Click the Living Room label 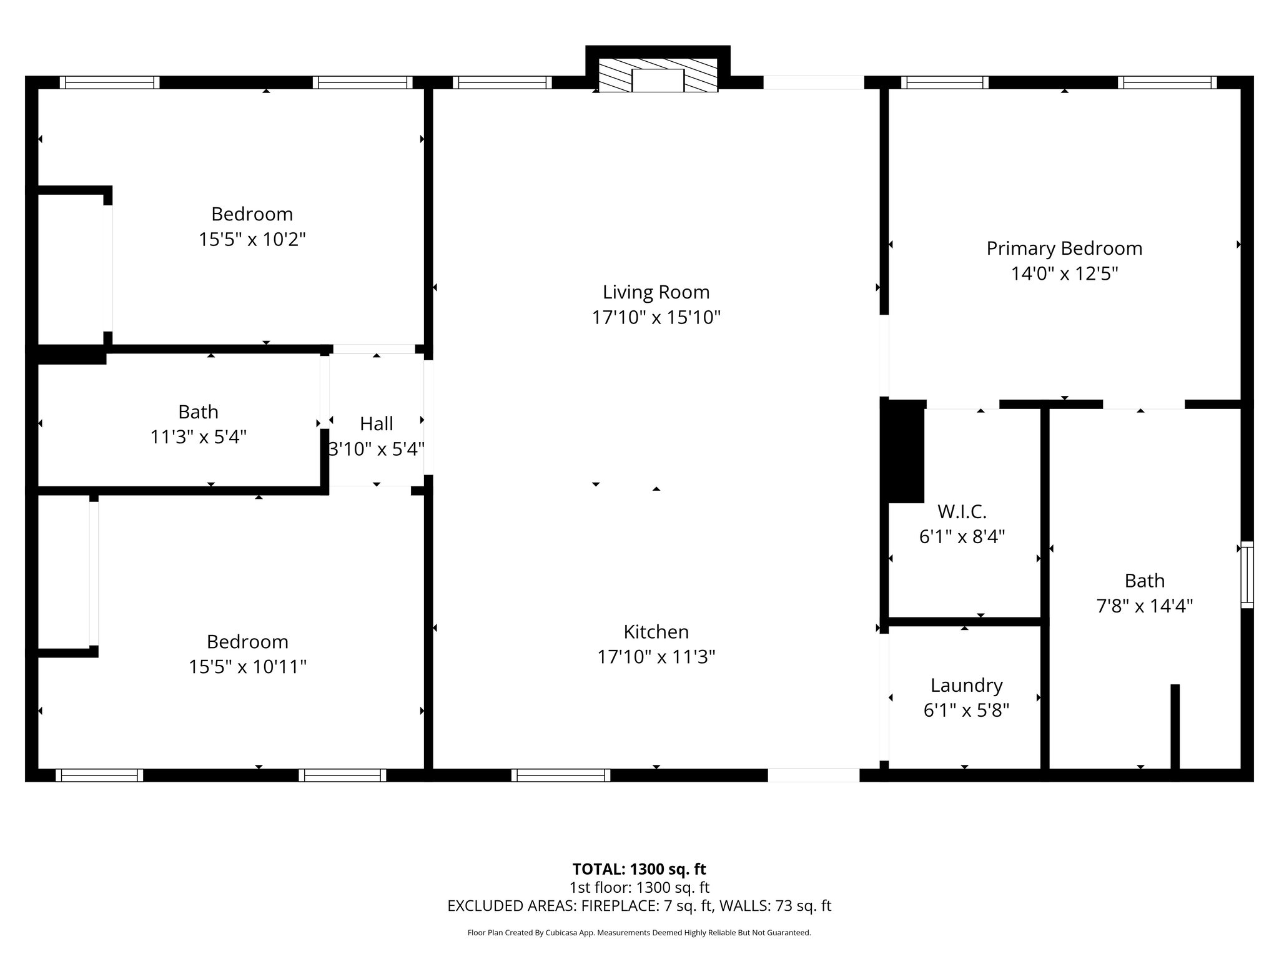[x=656, y=292]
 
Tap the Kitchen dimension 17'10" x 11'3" [x=656, y=657]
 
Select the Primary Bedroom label [x=1064, y=248]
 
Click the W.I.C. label [x=962, y=512]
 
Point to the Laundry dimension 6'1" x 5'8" [x=966, y=711]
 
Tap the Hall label [x=376, y=424]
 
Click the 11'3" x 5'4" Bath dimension [x=199, y=437]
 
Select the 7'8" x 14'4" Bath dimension [x=1144, y=606]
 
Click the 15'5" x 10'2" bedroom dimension [x=252, y=240]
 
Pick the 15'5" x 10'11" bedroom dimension [x=248, y=667]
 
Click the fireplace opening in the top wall [x=658, y=81]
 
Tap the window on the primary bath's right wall [x=1246, y=574]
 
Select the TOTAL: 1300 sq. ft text [x=639, y=869]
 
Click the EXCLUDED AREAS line [x=639, y=906]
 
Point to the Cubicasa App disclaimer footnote [x=639, y=933]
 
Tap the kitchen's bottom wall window [x=560, y=775]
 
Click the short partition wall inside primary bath [x=1175, y=727]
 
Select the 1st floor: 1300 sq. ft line [x=639, y=887]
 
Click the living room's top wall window [x=502, y=82]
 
